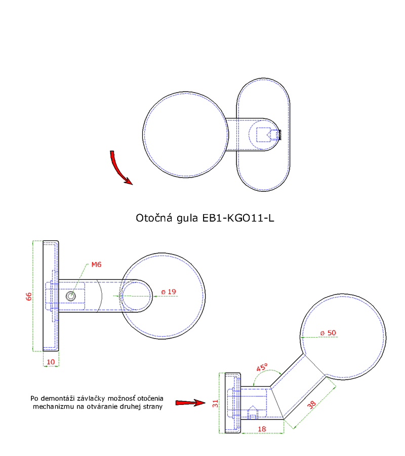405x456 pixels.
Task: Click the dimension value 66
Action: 29,296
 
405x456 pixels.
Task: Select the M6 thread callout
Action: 97,265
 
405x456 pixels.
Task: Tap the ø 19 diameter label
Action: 168,292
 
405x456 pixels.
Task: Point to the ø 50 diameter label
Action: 328,333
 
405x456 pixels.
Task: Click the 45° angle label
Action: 261,368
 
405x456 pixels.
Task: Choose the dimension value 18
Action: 262,429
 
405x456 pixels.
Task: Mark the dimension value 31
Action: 215,403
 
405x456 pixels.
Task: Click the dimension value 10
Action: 51,361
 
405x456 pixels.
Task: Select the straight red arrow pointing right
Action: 188,403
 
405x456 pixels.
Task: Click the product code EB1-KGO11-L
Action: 238,218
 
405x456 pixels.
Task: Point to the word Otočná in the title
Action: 154,218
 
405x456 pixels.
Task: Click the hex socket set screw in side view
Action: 71,296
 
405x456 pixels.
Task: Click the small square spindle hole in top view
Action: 264,135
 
